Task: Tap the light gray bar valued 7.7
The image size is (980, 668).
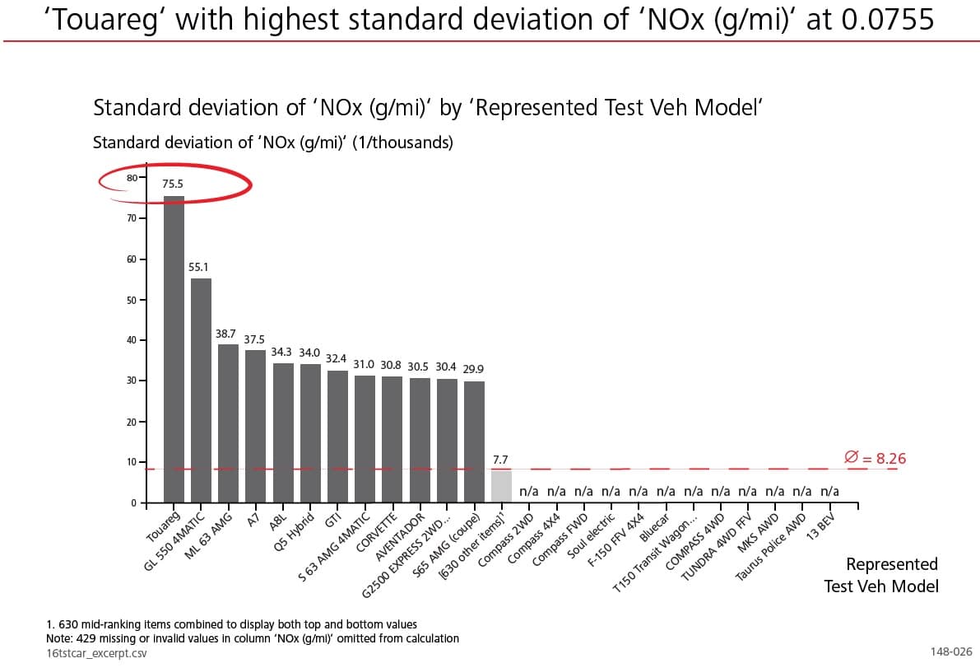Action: tap(501, 486)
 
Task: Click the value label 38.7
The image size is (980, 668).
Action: tap(225, 334)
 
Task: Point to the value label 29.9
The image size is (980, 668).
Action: tap(473, 369)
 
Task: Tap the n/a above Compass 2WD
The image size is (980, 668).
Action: tap(528, 492)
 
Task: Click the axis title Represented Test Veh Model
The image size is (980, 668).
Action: tap(880, 575)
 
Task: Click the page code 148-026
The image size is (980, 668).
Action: tap(950, 652)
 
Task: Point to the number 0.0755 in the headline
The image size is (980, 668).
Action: tap(888, 18)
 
